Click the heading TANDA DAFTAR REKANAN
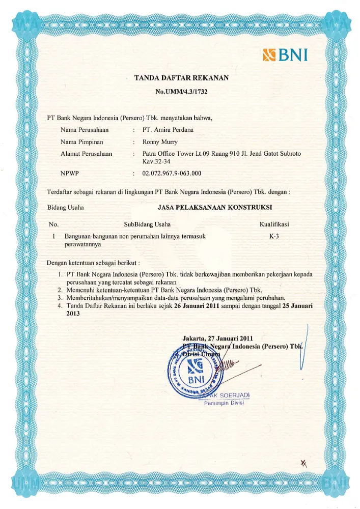181,78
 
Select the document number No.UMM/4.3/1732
181,92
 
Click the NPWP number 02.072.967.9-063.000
172,174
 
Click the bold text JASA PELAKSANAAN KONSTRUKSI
215,207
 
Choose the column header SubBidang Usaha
147,224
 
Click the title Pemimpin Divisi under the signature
225,403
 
